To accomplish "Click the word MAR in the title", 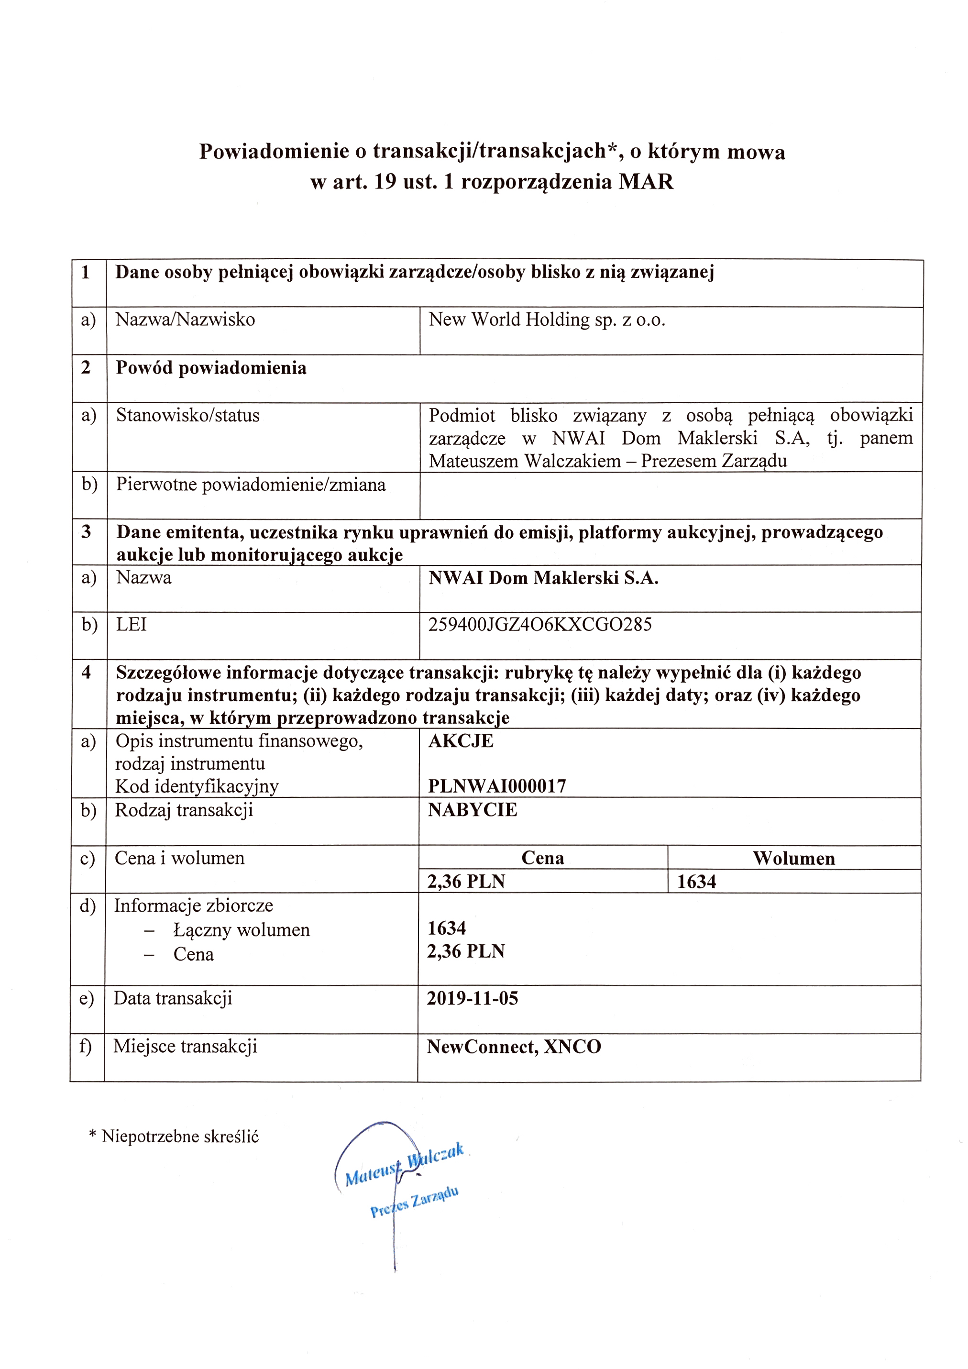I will click(x=646, y=182).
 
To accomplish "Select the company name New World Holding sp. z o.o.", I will click(x=547, y=320).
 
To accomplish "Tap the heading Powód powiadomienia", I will click(x=211, y=368).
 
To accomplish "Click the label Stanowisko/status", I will click(x=188, y=415).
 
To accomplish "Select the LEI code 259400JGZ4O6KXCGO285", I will click(x=540, y=624).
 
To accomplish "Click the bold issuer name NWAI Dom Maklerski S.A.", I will click(x=543, y=578).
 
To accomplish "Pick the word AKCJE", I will click(x=461, y=741).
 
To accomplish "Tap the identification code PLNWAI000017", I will click(x=497, y=786).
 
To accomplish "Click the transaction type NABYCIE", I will click(x=473, y=810).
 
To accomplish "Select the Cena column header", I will click(x=542, y=858).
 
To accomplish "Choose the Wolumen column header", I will click(x=793, y=859).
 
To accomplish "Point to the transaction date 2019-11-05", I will click(x=473, y=999).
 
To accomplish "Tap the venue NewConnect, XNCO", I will click(x=514, y=1047).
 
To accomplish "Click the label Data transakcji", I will click(x=173, y=999).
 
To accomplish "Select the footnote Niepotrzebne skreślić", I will click(x=180, y=1137).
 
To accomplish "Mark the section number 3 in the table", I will click(x=87, y=531).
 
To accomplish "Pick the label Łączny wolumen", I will click(x=242, y=930).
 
